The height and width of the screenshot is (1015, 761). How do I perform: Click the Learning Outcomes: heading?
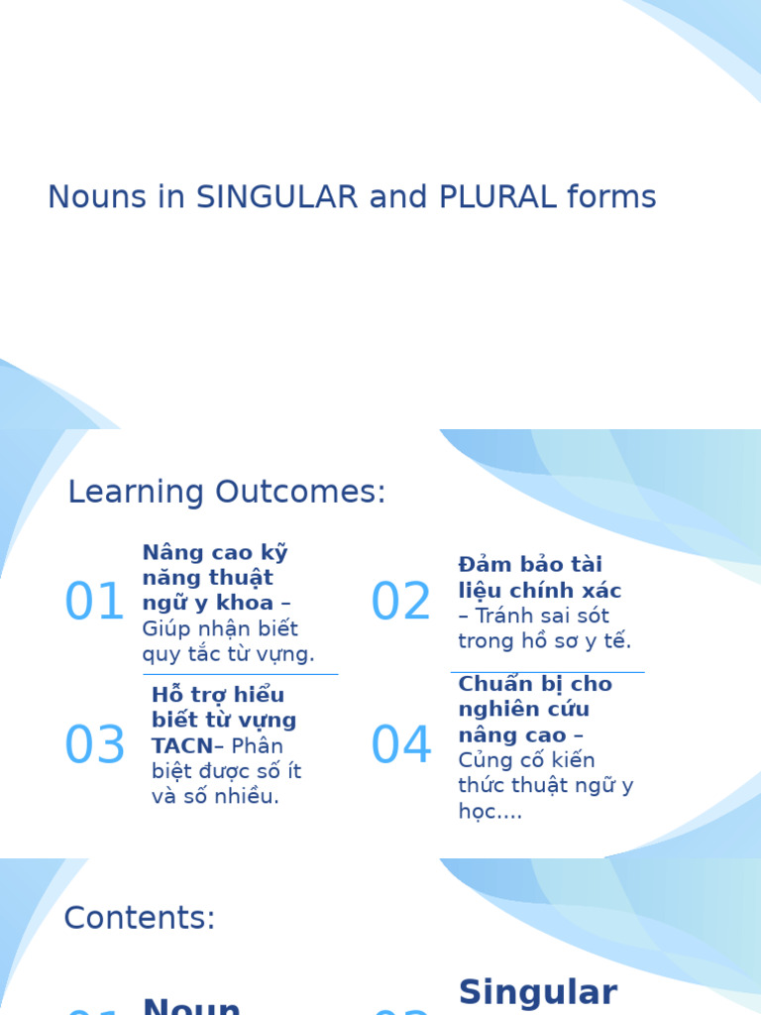pos(226,492)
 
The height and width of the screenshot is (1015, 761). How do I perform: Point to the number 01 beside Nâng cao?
pos(94,603)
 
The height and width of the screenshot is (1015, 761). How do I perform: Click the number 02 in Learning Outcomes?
pos(400,603)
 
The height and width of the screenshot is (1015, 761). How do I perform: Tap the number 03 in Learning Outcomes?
pos(94,746)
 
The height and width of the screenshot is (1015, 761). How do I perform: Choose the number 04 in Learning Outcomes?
pos(400,746)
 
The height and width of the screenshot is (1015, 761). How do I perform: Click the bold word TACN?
pos(181,746)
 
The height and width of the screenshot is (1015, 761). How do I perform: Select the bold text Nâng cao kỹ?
pos(215,552)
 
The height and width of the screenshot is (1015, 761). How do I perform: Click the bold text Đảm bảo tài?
pos(530,565)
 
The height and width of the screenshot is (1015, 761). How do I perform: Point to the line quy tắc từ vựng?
pos(228,654)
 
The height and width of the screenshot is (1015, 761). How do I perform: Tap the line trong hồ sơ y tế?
pos(544,641)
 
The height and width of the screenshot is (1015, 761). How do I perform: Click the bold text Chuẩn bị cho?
pos(535,684)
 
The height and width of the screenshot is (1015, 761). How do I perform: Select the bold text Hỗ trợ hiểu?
pos(218,695)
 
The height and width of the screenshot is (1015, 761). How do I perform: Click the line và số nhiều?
pos(215,797)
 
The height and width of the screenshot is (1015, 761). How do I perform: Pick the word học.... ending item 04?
pos(489,812)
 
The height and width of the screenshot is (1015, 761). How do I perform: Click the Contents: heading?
pos(139,918)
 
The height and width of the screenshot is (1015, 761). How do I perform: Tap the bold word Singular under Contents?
pos(538,991)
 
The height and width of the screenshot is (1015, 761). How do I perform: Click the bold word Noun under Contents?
pos(192,1006)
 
